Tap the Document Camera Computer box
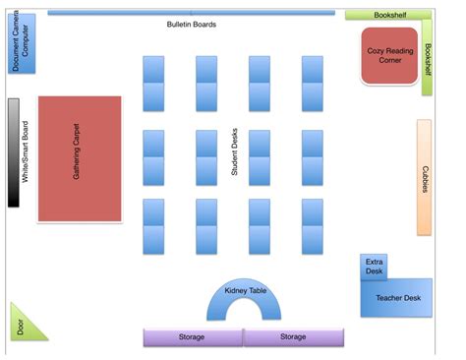coord(22,44)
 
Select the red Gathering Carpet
coord(80,158)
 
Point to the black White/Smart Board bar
coord(14,152)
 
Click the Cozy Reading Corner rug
coord(388,55)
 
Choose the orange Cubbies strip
coord(424,178)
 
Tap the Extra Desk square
coord(375,268)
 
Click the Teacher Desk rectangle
coord(399,297)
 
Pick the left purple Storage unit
coord(193,337)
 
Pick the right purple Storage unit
coord(294,337)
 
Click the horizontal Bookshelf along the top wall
coord(387,15)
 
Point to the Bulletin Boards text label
coord(192,25)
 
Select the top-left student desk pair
coord(153,84)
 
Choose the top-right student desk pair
coord(313,84)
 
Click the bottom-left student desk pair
coord(153,226)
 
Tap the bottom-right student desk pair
coord(313,226)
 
